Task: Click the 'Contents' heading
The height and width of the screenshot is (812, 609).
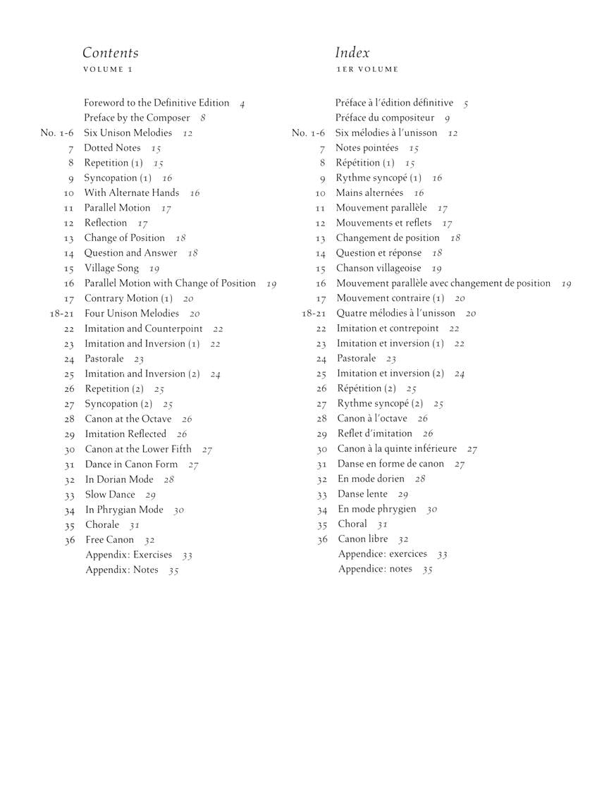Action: coord(111,53)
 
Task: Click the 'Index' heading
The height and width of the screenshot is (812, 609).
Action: coord(352,53)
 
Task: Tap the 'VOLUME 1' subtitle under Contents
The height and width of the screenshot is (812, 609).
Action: coord(108,70)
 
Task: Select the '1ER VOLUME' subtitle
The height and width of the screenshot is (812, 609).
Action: coord(367,70)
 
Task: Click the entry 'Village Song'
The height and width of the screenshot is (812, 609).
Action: coord(111,269)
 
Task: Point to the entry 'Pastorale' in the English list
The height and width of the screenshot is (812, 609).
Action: coord(104,359)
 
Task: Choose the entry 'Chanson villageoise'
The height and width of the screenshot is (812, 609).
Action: coord(379,269)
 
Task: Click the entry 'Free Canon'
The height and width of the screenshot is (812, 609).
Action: coord(109,540)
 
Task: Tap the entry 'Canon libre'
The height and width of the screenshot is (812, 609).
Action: coord(363,539)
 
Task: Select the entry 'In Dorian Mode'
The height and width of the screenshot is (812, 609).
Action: coord(119,479)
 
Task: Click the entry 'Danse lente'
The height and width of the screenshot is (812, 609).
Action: coord(363,494)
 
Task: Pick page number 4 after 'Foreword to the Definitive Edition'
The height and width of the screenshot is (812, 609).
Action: coord(242,104)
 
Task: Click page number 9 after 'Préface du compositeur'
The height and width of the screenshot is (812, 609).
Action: coord(447,119)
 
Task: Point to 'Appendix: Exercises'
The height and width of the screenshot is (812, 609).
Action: coord(129,555)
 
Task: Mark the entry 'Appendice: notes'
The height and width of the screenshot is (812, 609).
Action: coord(375,569)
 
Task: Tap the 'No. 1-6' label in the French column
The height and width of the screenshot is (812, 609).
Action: coord(309,133)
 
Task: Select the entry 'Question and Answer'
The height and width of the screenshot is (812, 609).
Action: coord(131,253)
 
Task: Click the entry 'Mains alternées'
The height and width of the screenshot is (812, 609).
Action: coord(369,192)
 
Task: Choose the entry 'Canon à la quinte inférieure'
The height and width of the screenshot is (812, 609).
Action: coord(397,449)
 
